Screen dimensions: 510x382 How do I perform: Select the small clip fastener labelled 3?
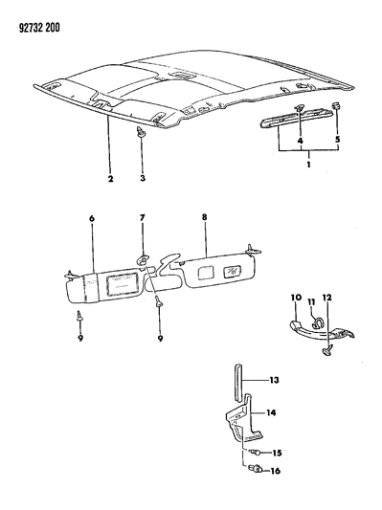click(x=141, y=132)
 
